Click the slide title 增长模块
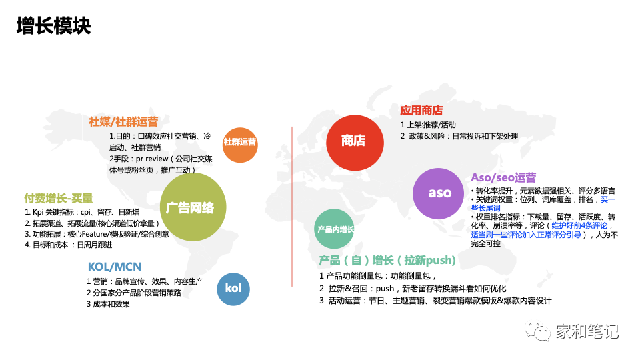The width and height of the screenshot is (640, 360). [x=53, y=26]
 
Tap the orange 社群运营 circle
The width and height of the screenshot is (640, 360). [x=239, y=143]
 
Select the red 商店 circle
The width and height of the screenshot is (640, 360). [x=353, y=141]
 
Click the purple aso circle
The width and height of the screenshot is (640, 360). [x=439, y=193]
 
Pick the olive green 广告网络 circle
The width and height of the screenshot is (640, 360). [x=190, y=207]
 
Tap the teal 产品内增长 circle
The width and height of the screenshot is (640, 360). [x=335, y=229]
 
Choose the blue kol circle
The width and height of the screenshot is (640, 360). [x=233, y=289]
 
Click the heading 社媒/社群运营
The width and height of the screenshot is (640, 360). [x=123, y=121]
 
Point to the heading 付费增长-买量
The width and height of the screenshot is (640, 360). [x=59, y=198]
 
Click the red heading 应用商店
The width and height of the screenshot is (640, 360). [x=421, y=111]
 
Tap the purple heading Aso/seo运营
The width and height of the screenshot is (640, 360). [x=503, y=177]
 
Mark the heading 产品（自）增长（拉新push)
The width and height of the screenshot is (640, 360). [x=387, y=260]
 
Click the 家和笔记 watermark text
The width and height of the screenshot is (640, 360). [x=587, y=331]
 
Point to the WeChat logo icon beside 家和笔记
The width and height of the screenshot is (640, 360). [x=537, y=331]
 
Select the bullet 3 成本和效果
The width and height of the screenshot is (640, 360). [x=108, y=304]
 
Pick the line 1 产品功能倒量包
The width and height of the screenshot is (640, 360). [x=377, y=275]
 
